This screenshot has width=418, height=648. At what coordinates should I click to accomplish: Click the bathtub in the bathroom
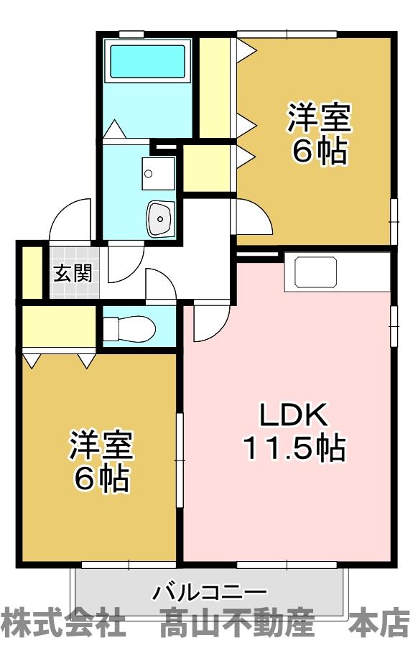pos(147,62)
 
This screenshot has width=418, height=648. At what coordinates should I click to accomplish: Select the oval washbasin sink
pos(160,218)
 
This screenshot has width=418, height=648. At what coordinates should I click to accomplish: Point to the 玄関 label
pos(72,274)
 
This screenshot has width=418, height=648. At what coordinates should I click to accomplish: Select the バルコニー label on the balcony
pos(209,593)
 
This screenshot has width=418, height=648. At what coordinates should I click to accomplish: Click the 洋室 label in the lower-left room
pos(101,445)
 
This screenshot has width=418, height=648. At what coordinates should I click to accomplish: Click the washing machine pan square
pos(158,173)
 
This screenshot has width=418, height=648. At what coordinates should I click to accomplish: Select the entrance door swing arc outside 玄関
pos(70,219)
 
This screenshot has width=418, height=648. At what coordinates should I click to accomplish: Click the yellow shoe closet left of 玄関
pos(32,272)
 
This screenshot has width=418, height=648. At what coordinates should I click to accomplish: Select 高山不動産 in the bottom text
pos(237,622)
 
